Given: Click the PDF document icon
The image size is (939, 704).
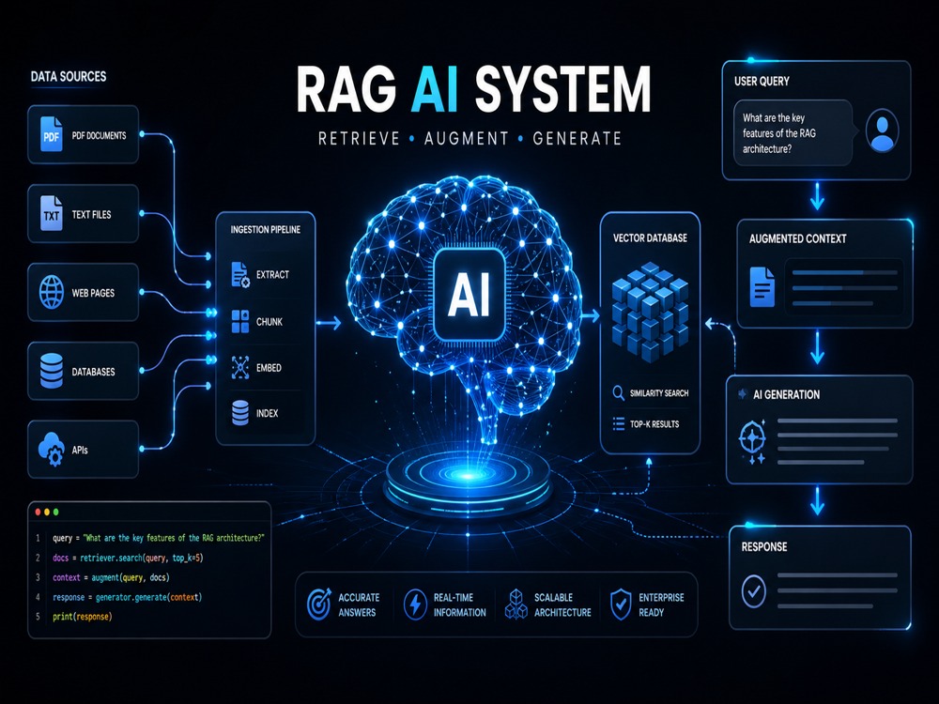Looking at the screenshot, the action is (x=52, y=134).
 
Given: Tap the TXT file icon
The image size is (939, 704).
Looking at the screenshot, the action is (x=52, y=213).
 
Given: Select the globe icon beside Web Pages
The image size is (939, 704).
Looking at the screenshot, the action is (x=52, y=292).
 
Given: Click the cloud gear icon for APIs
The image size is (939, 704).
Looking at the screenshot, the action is (x=52, y=449).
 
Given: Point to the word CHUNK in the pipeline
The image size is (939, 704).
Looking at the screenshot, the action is (x=269, y=322).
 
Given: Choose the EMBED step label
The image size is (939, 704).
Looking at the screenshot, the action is (x=269, y=368).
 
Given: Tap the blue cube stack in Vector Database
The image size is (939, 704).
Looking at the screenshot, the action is (x=651, y=313).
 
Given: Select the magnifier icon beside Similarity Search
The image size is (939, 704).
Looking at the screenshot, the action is (x=619, y=393).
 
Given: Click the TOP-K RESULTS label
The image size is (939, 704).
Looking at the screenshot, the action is (x=654, y=424).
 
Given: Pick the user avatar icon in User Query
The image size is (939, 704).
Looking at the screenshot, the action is (x=882, y=130).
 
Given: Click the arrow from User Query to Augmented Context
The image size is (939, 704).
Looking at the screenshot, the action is (x=818, y=196).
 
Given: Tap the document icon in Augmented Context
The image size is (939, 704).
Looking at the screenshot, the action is (x=762, y=287).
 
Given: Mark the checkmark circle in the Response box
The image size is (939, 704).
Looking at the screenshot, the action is (x=753, y=590).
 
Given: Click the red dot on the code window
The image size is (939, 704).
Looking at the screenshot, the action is (x=38, y=513).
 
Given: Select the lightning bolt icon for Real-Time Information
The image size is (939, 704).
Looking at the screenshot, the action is (x=415, y=604).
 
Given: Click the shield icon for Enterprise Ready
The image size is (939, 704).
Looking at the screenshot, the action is (x=621, y=604).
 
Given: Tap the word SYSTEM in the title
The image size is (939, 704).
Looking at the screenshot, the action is (x=562, y=90).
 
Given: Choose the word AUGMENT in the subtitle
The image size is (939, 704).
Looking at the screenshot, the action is (x=467, y=139).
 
